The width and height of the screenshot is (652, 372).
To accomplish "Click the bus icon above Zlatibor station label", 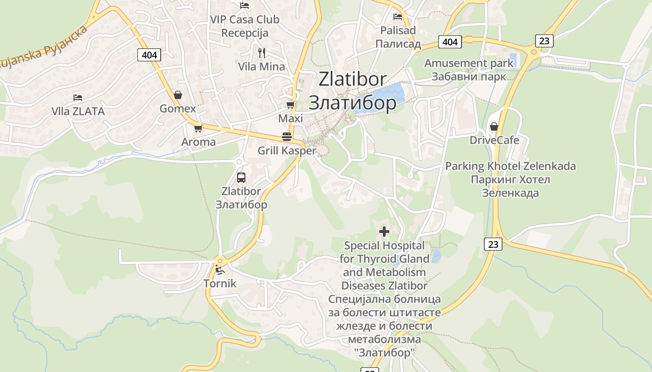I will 241,177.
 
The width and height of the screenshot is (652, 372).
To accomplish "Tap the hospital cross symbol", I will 384,231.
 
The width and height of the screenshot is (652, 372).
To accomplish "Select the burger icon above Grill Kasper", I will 287,137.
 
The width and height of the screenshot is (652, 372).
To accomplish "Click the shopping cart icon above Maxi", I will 291,105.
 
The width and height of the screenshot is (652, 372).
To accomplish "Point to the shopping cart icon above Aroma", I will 198,128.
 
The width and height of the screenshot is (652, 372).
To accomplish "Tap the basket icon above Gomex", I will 178,95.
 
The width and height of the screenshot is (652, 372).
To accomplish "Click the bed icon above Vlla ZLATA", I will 78,98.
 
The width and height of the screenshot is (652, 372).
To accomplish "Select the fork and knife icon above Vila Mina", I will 262,53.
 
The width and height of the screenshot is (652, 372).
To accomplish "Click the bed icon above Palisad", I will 398,17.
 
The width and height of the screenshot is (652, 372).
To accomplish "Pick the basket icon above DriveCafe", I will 494,126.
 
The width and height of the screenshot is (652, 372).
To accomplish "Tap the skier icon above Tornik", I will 220,270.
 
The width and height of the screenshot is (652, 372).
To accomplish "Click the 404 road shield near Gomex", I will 149,55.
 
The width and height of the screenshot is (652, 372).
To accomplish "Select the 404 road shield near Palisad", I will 450,42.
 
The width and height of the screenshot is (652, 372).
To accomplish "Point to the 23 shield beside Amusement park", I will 544,41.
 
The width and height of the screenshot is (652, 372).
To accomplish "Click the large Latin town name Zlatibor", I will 353,79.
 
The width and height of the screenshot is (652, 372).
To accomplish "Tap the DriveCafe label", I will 494,140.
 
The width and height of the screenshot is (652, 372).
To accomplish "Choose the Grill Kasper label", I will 287,151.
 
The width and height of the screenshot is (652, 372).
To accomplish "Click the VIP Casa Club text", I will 244,20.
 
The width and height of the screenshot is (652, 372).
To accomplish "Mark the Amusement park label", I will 469,63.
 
